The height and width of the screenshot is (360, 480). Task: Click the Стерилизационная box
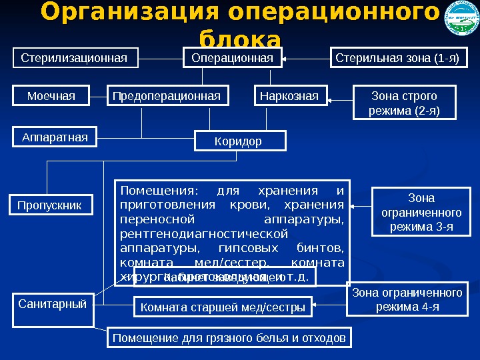tap(75, 58)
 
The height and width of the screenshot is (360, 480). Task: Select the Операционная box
tap(232, 58)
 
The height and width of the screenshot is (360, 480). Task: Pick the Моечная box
tap(51, 97)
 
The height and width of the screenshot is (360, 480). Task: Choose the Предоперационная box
tap(167, 97)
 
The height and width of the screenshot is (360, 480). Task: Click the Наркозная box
tap(289, 97)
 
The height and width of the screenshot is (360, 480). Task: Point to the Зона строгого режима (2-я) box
tap(404, 103)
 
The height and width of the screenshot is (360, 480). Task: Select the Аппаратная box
tap(55, 137)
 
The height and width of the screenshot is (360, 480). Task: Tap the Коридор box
tap(239, 141)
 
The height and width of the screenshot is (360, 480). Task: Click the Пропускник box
tap(50, 205)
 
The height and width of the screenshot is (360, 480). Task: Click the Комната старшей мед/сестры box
tap(223, 307)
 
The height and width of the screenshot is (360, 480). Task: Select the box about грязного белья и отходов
tap(229, 338)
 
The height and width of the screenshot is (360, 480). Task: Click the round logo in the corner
tap(461, 21)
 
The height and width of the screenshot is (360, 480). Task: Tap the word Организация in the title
tap(127, 13)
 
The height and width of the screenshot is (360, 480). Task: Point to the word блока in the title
tap(240, 39)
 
